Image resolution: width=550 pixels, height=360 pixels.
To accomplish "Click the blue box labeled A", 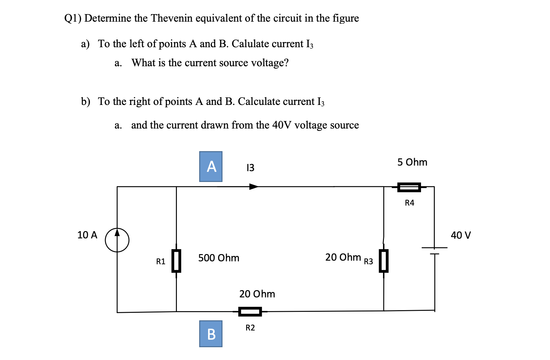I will point(211,167).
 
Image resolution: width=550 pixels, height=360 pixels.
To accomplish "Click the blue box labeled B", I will point(211,334).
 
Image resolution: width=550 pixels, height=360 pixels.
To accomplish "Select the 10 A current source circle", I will point(117,240).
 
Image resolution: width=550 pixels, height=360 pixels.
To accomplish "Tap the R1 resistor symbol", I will point(177,261).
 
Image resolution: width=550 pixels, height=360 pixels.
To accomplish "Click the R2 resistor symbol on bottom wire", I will point(250,311).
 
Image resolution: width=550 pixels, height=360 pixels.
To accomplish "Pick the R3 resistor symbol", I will point(384,261).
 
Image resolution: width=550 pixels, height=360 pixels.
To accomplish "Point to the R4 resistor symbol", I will point(409,187).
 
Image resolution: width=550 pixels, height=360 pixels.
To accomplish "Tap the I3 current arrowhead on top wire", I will point(254,187).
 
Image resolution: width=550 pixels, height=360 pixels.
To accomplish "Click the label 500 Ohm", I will point(219,258).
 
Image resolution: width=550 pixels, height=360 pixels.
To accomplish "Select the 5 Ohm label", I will point(412,162).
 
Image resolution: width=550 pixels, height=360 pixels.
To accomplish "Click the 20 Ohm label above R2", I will point(257,294).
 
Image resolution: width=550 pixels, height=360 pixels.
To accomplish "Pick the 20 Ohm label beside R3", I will point(343,257).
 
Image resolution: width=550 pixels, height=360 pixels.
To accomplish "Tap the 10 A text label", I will point(87,235).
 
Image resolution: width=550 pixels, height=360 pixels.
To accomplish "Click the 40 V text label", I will point(461,235).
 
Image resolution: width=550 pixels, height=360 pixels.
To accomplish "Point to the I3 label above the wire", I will point(250,168).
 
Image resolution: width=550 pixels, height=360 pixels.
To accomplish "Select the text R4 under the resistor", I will point(410,203).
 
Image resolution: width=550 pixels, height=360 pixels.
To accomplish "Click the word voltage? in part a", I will point(270,63).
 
